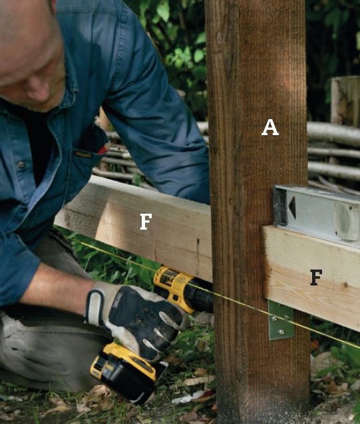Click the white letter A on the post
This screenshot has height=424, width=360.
click(x=270, y=127)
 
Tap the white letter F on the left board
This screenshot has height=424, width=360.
click(x=146, y=222)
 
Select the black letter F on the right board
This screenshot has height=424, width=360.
click(x=316, y=278)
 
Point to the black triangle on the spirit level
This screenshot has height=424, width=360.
click(x=292, y=208)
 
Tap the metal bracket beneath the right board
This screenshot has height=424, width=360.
click(x=281, y=320)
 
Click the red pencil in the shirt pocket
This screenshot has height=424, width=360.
click(x=104, y=148)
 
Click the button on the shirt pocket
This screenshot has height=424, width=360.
click(x=21, y=164)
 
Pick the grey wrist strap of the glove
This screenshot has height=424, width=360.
click(x=94, y=306)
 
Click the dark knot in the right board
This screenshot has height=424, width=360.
click(x=345, y=285)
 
